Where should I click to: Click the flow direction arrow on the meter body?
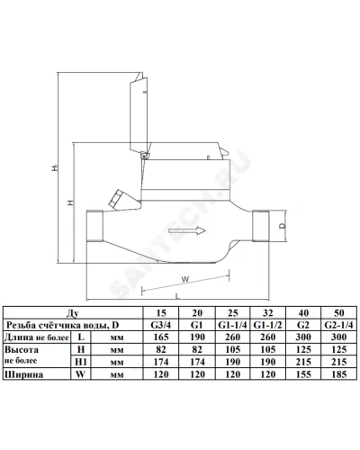[x=187, y=230]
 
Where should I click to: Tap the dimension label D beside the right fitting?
[x=283, y=226]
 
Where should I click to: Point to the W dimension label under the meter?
[x=185, y=279]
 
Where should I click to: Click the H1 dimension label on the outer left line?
[x=54, y=167]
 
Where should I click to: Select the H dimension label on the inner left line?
[x=70, y=202]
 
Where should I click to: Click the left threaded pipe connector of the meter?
[x=94, y=226]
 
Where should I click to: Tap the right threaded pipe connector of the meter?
[x=261, y=226]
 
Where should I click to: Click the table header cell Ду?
[x=73, y=313]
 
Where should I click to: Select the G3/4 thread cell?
[x=161, y=325]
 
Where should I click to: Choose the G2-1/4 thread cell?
[x=338, y=325]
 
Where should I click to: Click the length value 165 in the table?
[x=161, y=337]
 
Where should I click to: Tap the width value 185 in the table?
[x=339, y=374]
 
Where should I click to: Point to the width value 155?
[x=303, y=374]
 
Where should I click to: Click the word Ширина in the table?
[x=23, y=374]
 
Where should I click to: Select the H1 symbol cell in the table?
[x=81, y=362]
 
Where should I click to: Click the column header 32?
[x=268, y=313]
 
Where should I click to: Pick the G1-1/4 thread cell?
[x=232, y=325]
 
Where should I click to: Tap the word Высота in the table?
[x=22, y=350]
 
